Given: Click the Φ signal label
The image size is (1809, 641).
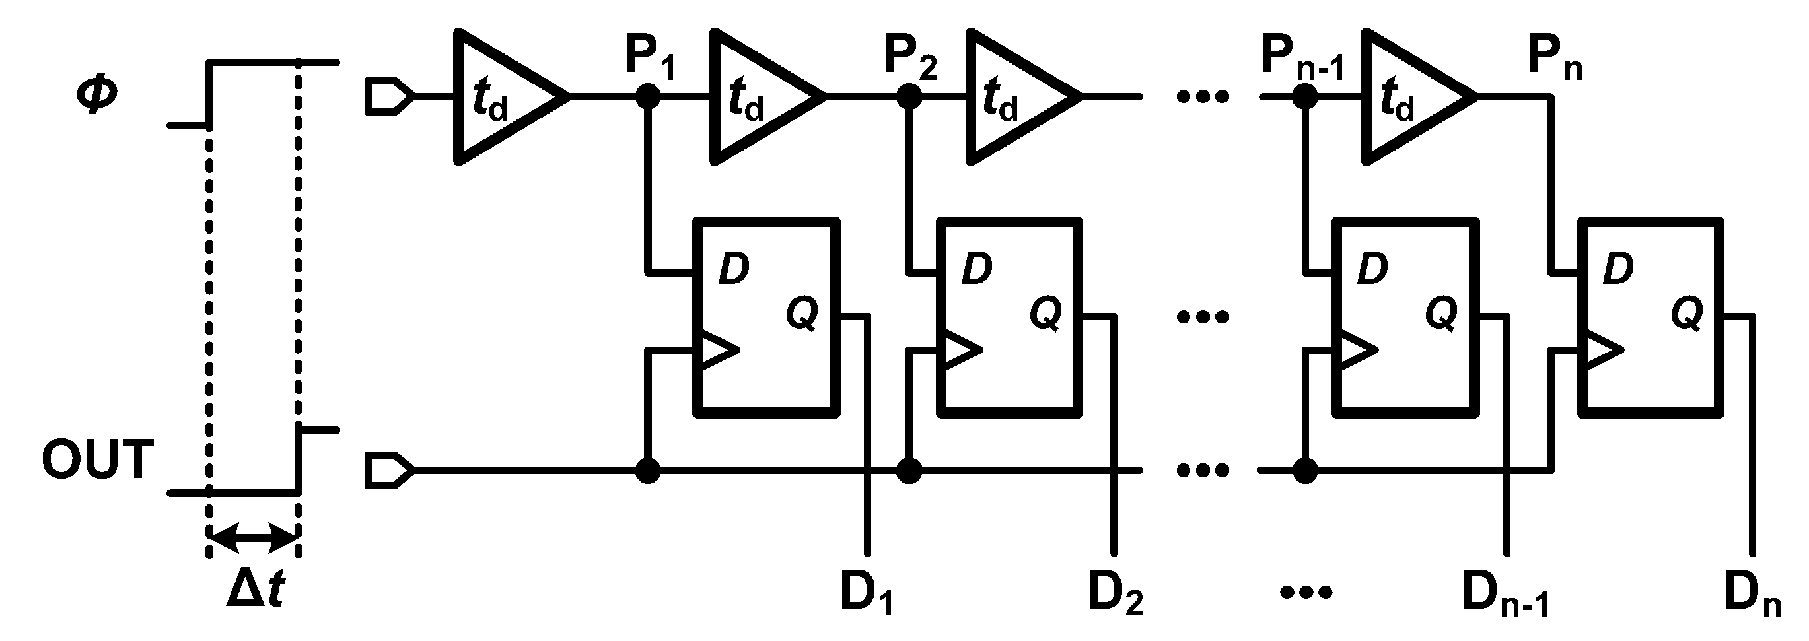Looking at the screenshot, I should tap(97, 96).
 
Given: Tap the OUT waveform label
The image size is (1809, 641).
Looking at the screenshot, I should tap(97, 460).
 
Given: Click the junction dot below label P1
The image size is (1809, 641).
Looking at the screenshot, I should tap(648, 97).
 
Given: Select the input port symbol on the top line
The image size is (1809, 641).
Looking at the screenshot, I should tap(388, 98).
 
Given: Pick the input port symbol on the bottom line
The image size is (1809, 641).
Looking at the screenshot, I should tap(388, 471).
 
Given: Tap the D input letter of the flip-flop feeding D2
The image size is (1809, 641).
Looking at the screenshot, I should tap(977, 268).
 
